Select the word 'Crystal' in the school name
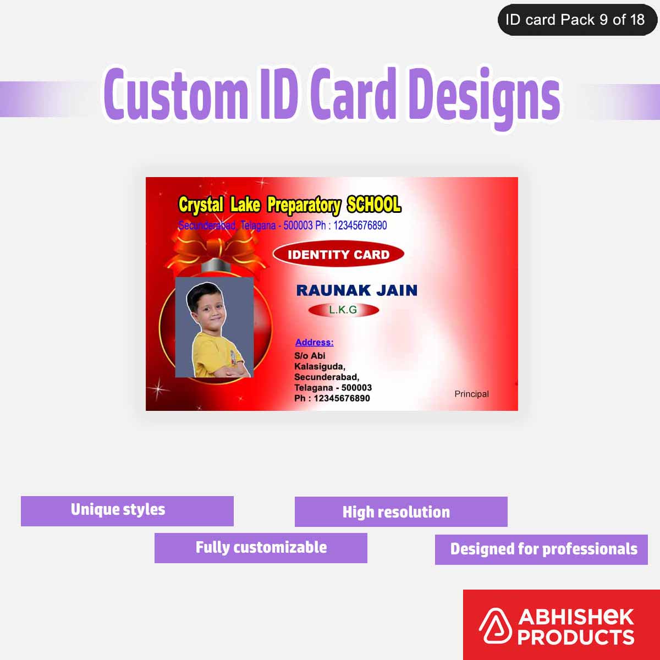[201, 205]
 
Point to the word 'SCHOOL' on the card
[374, 205]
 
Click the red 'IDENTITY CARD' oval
[338, 255]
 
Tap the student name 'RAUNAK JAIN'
[356, 290]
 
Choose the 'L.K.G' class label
[343, 310]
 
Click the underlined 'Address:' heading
[314, 342]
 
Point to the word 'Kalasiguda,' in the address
[320, 366]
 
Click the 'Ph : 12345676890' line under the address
[332, 398]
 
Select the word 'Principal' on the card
[471, 394]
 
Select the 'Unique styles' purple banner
[127, 510]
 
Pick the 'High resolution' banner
[401, 512]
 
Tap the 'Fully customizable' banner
[261, 548]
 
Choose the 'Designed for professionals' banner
[541, 549]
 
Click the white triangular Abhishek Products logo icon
[495, 626]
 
